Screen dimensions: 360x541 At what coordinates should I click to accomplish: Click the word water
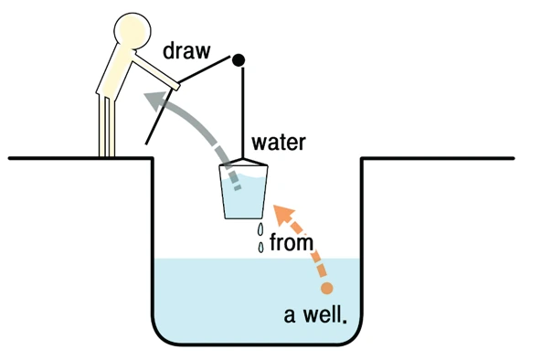pyautogui.click(x=279, y=143)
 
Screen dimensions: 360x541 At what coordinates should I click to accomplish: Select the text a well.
pyautogui.click(x=314, y=316)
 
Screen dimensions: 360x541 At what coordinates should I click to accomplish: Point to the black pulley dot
pyautogui.click(x=239, y=61)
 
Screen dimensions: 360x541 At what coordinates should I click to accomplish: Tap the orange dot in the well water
pyautogui.click(x=327, y=289)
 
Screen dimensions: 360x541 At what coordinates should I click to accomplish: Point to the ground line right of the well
pyautogui.click(x=439, y=158)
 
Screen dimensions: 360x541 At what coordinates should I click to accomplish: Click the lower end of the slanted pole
pyautogui.click(x=147, y=143)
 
